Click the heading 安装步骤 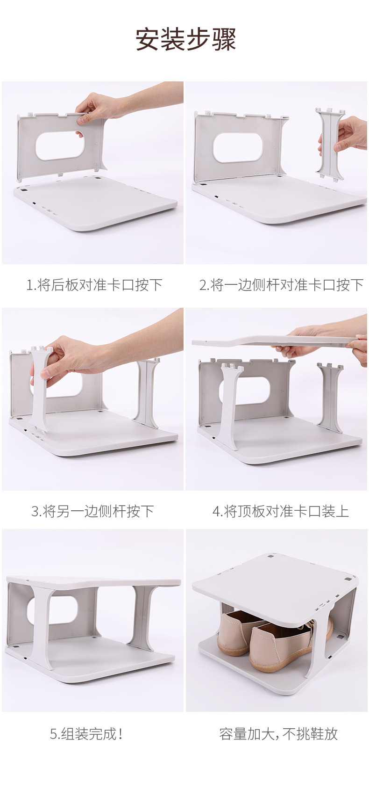185,39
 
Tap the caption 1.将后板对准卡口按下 94,284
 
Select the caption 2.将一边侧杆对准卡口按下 281,284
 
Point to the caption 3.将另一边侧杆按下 92,511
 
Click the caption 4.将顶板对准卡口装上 281,511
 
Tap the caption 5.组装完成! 87,733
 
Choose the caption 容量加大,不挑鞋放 278,733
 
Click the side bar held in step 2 330,143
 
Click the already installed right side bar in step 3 148,394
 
